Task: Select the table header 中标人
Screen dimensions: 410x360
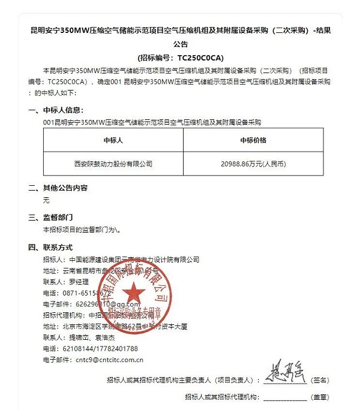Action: click(113, 140)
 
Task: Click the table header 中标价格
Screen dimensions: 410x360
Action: click(252, 140)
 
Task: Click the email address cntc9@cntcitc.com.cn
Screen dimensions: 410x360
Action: click(110, 360)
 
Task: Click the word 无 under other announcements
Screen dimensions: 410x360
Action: click(46, 200)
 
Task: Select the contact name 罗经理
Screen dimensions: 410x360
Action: click(74, 282)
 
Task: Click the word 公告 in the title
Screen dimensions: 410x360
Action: click(181, 44)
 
